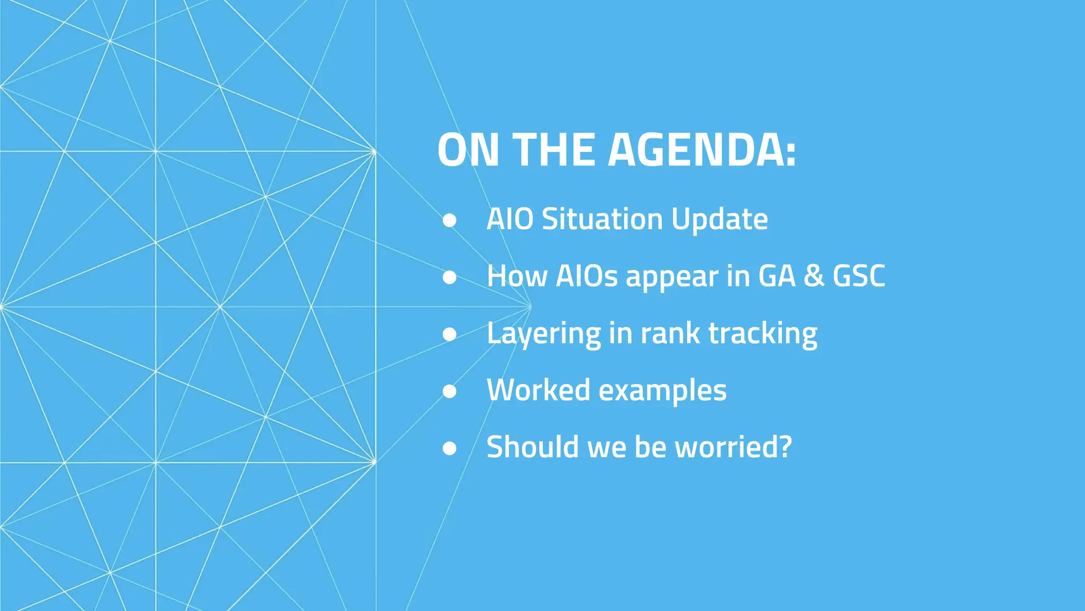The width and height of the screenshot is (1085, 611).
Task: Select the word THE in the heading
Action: (554, 150)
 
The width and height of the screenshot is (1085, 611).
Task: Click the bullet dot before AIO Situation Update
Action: (449, 220)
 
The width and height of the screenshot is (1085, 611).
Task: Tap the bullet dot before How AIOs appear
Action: (449, 277)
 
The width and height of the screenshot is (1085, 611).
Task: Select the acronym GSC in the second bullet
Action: (858, 276)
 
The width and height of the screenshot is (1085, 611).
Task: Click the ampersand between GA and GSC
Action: (813, 276)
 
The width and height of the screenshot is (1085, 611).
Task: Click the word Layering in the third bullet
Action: (544, 334)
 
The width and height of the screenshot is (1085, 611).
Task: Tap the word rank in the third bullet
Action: (670, 333)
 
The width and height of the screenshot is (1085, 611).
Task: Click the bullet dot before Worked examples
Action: (449, 391)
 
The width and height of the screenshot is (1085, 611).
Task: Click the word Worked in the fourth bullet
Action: (538, 390)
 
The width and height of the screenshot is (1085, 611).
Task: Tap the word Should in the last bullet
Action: (533, 447)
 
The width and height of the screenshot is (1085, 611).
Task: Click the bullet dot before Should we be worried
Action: (449, 448)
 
